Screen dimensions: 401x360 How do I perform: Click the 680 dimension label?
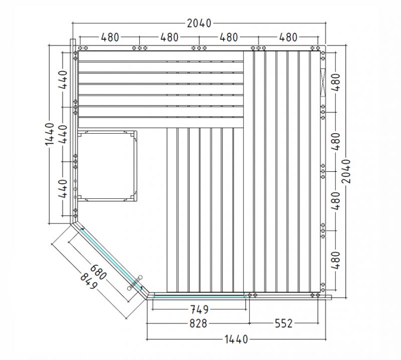point(98,272)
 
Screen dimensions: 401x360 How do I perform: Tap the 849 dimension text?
point(89,281)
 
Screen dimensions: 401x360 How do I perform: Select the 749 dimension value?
point(199,309)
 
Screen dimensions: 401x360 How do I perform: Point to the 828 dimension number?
point(198,323)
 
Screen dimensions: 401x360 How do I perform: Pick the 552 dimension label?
point(284,323)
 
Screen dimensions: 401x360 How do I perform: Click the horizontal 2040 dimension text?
point(199,23)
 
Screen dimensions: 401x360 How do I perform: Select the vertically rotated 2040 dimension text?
point(346,171)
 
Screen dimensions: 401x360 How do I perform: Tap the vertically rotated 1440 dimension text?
point(50,134)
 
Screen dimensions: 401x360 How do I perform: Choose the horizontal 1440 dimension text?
point(236,339)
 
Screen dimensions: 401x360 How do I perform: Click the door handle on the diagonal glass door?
point(135,282)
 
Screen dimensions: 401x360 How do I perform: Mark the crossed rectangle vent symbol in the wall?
point(323,83)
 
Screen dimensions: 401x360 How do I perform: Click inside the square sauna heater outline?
point(107,166)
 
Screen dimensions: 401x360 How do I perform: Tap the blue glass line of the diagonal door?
point(111,259)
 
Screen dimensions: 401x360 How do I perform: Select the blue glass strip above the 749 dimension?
point(199,296)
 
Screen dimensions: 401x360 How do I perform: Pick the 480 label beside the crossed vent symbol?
point(336,82)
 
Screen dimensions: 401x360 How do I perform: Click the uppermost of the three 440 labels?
point(63,80)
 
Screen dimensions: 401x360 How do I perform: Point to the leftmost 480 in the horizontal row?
point(110,38)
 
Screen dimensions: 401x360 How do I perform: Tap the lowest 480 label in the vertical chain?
point(336,260)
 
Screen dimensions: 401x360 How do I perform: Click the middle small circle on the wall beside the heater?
point(75,189)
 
